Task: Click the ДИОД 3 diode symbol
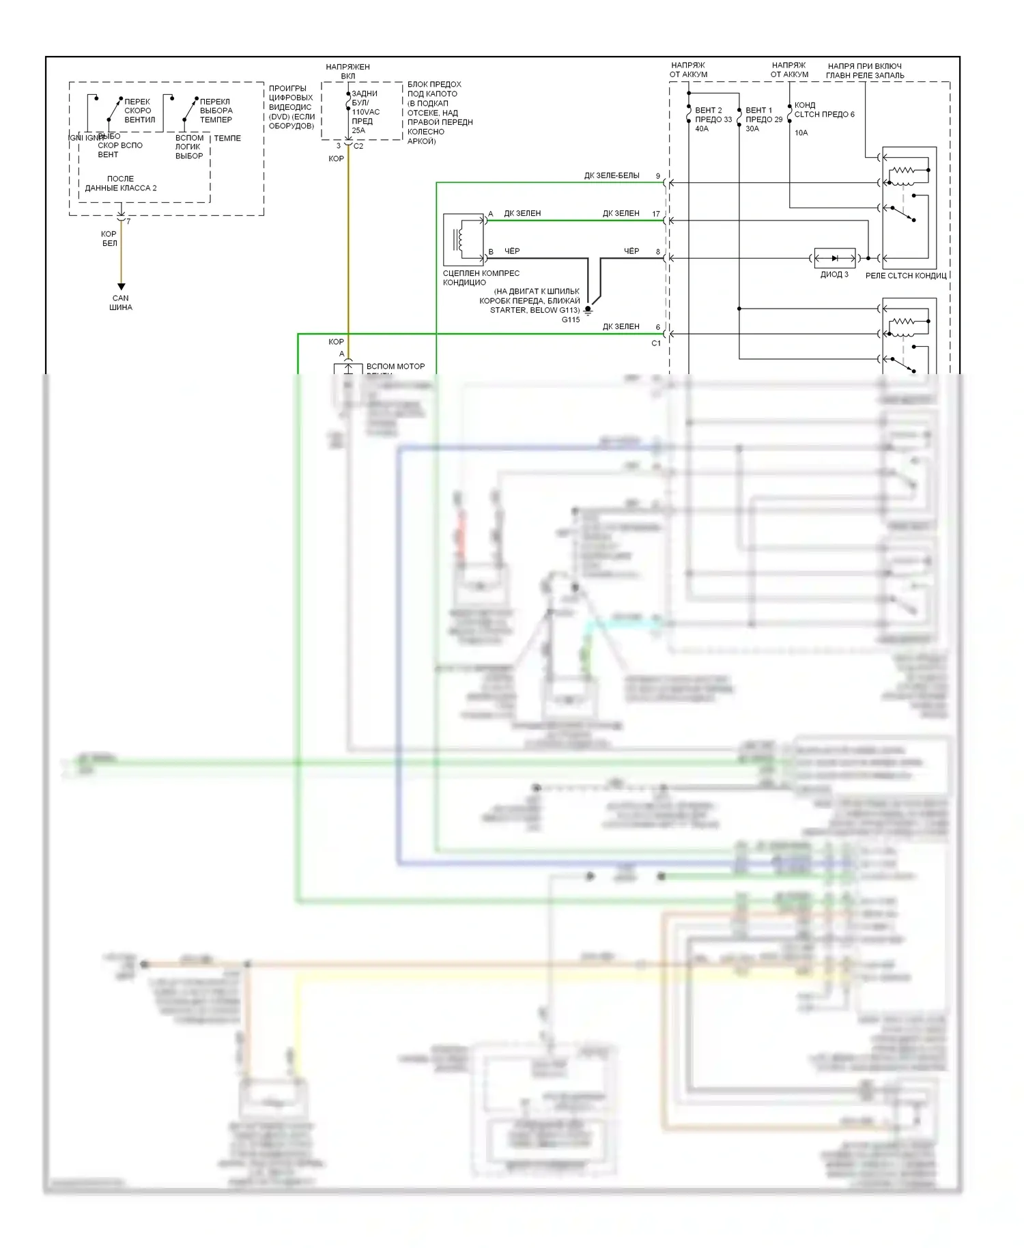click(834, 258)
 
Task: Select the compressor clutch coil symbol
click(461, 239)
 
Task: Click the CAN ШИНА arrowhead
click(121, 287)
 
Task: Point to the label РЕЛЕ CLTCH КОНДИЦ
click(906, 276)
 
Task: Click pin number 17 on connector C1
click(656, 214)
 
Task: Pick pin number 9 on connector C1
click(658, 176)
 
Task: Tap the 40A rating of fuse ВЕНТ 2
click(702, 129)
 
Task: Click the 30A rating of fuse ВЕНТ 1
click(752, 129)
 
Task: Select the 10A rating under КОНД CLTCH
click(801, 133)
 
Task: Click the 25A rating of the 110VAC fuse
click(358, 130)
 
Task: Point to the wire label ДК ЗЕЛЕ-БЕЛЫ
click(612, 176)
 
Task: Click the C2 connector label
click(358, 146)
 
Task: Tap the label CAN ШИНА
click(121, 302)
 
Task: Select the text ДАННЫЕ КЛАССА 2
click(121, 188)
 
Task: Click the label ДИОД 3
click(834, 274)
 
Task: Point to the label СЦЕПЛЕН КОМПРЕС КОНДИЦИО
click(481, 278)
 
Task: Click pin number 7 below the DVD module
click(128, 222)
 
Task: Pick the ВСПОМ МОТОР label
click(395, 367)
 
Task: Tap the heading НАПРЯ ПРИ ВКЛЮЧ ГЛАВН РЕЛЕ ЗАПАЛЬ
click(865, 71)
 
